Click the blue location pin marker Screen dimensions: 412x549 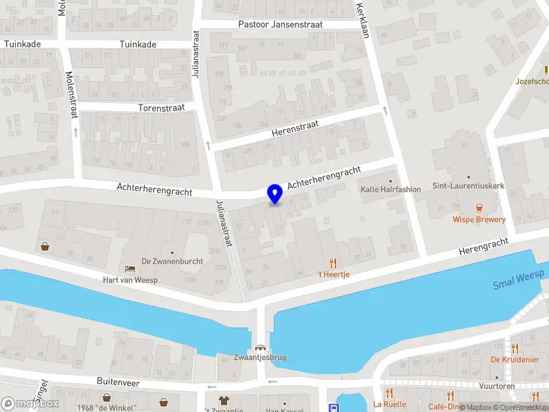275,194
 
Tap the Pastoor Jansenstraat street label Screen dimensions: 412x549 280,25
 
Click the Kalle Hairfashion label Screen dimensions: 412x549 390,189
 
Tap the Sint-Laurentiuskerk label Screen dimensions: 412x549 469,186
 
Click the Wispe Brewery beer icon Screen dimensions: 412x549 479,207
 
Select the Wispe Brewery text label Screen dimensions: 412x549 479,220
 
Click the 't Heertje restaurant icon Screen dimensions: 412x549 334,263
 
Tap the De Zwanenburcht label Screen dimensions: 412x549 171,261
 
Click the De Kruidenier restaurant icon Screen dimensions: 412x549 515,348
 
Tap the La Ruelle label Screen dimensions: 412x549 389,404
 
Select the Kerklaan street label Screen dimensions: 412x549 363,21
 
